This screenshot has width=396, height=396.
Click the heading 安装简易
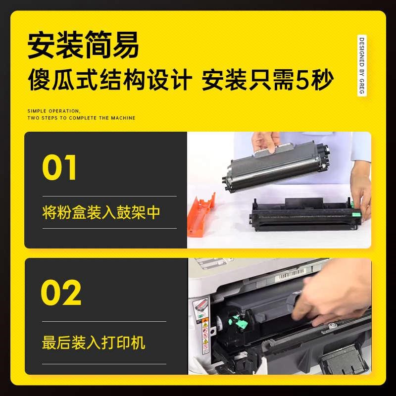pos(83,46)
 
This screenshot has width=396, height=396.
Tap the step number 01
pos(59,168)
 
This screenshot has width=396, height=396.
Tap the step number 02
pos(61,294)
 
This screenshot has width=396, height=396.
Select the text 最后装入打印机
pos(94,342)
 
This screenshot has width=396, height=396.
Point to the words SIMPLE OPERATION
pos(53,111)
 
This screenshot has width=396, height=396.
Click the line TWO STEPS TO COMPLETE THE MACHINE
pos(81,118)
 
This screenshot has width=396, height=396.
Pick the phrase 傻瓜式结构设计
pos(109,80)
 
